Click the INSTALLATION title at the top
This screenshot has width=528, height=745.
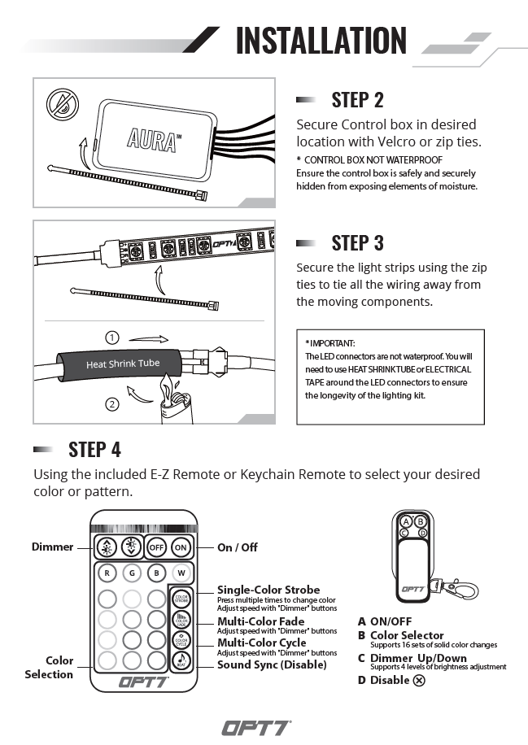321,41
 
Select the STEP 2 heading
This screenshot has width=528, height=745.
357,100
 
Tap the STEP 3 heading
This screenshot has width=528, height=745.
357,242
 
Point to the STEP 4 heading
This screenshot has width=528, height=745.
94,449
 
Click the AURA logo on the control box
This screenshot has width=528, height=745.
152,137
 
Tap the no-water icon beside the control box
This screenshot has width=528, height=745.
61,103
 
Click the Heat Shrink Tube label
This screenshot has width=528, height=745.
123,364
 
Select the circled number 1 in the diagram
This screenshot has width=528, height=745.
112,337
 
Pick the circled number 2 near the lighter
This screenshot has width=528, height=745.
112,403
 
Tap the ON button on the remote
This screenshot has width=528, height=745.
182,547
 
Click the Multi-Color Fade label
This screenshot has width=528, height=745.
260,621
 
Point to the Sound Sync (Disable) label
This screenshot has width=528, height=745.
272,664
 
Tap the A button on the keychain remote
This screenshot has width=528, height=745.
406,521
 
